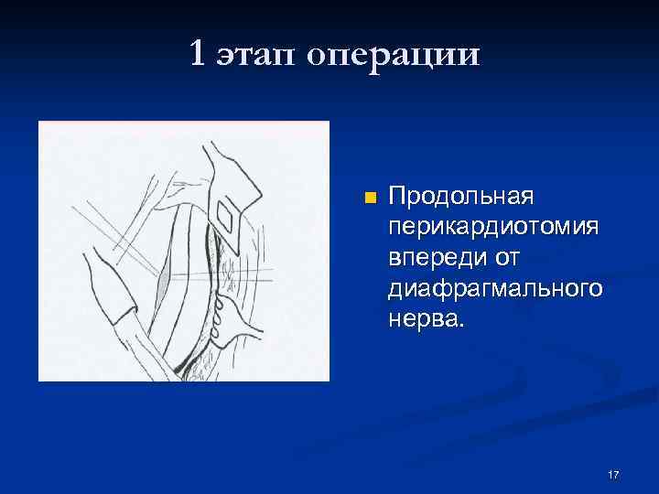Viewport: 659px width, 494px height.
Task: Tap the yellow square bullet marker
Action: (x=369, y=199)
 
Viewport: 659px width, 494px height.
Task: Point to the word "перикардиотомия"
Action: (x=495, y=223)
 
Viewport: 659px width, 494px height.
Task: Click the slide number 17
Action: (x=613, y=474)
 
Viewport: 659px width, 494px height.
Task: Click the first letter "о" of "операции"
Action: (x=318, y=57)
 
